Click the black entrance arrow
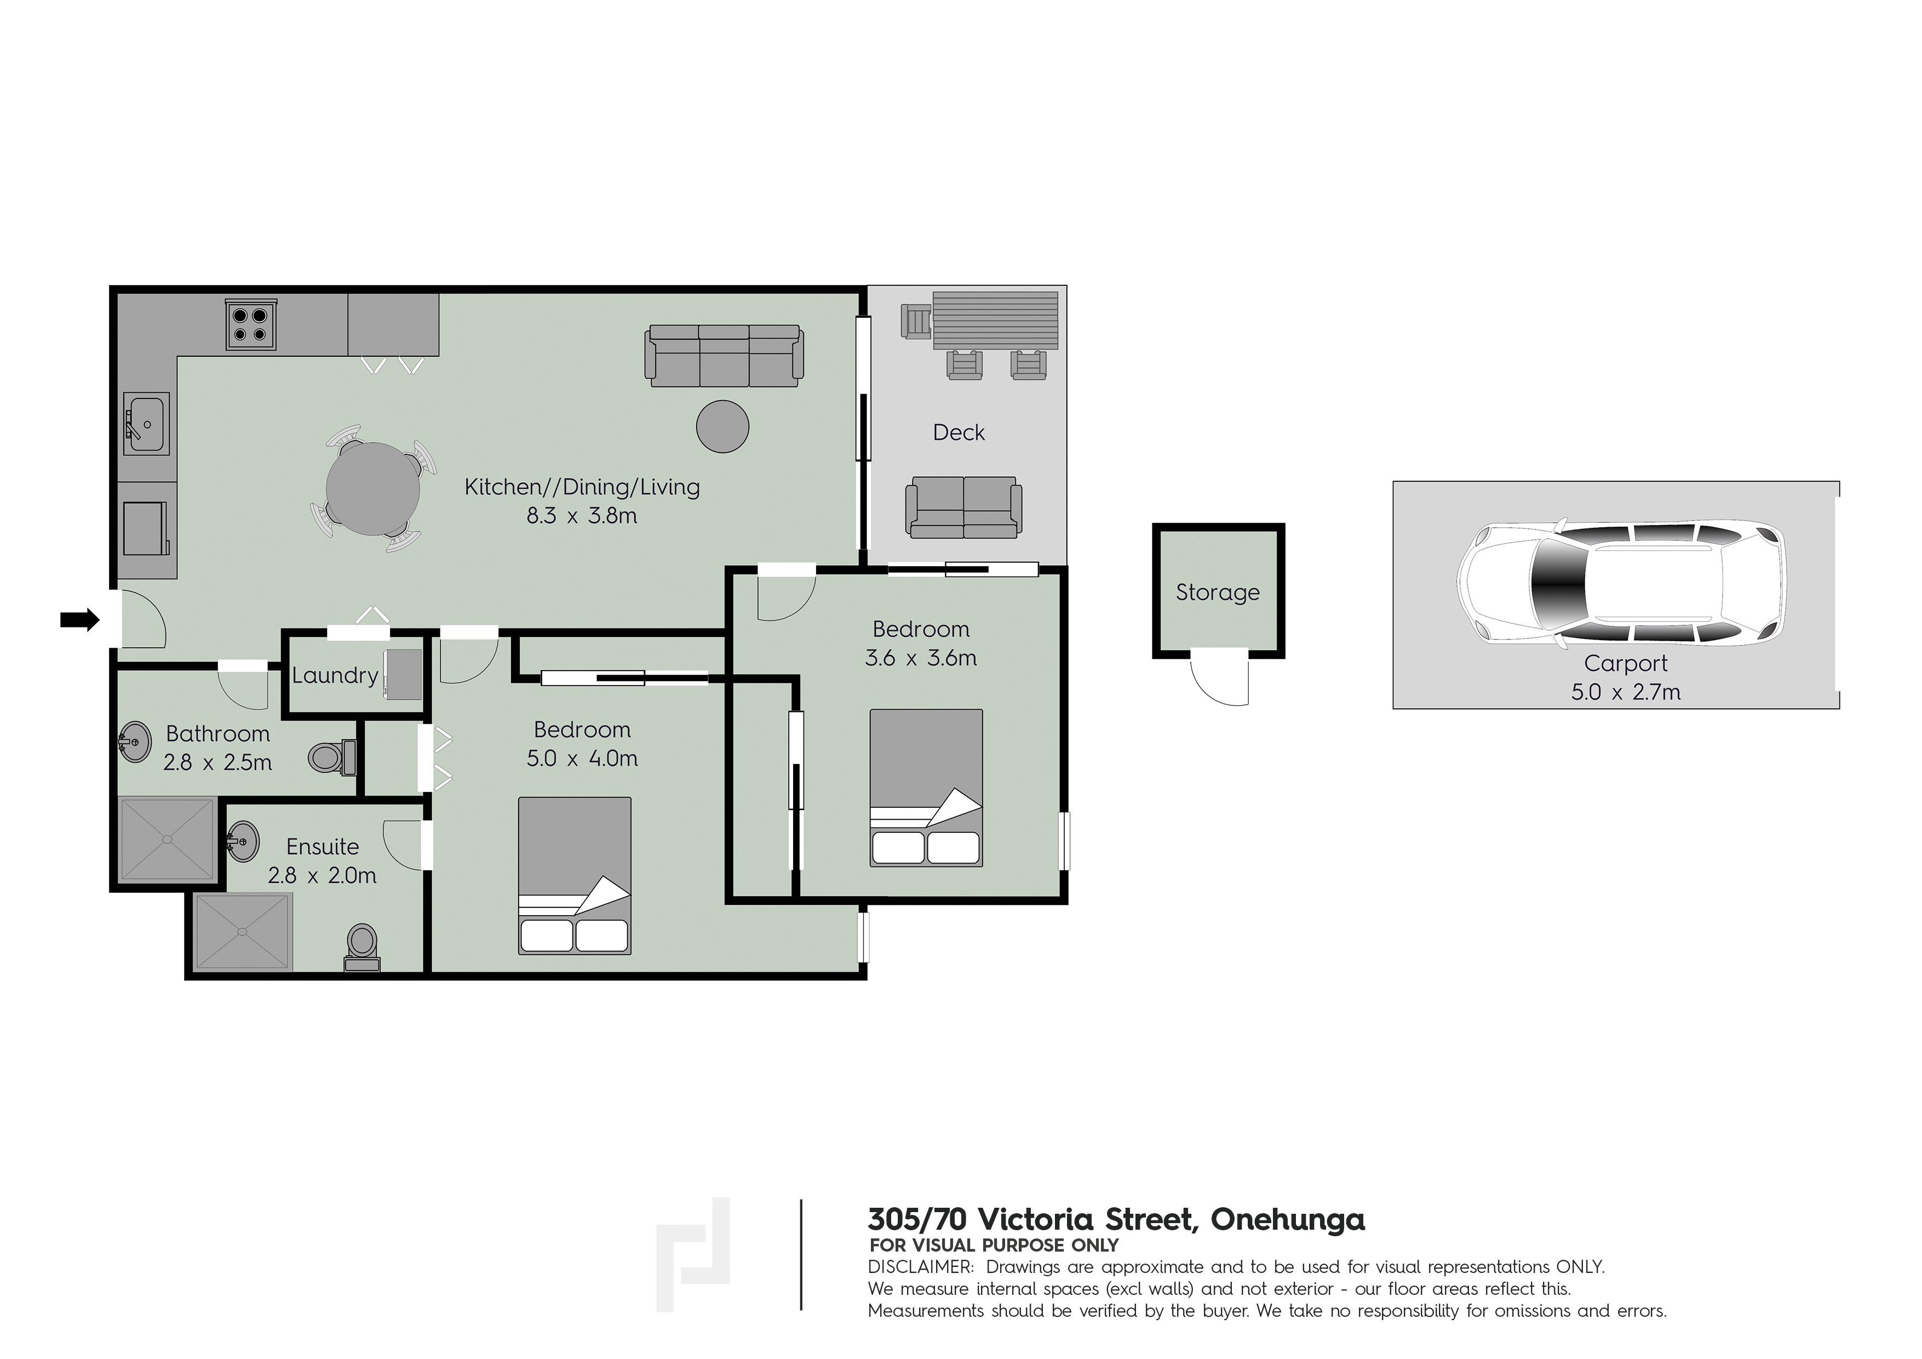[79, 620]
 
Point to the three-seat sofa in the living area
[724, 356]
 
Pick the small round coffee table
[722, 426]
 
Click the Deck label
[959, 433]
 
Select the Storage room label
[1217, 593]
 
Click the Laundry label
[335, 676]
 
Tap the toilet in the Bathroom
[331, 758]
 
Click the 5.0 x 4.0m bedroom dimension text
[582, 758]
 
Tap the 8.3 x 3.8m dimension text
[581, 516]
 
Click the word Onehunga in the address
[1288, 1220]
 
